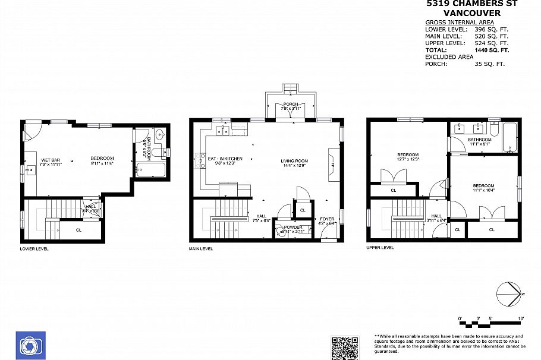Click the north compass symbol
[x=509, y=294]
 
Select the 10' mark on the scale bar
[x=521, y=320]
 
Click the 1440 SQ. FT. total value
[x=492, y=50]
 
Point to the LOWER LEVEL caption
[x=34, y=249]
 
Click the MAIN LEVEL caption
[x=201, y=249]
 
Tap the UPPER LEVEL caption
[x=380, y=247]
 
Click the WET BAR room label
[x=49, y=160]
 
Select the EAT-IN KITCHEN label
[x=225, y=159]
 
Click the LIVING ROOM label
[x=294, y=160]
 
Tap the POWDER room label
[x=292, y=227]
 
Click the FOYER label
[x=327, y=219]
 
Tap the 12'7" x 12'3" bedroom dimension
[x=408, y=160]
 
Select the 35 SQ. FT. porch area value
[x=489, y=64]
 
